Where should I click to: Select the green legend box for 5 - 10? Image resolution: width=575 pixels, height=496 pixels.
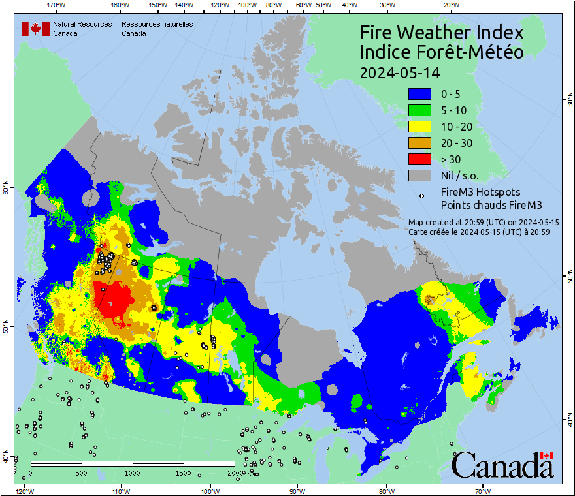(x=421, y=110)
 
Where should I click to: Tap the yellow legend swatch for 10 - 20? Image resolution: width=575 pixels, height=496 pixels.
(x=421, y=127)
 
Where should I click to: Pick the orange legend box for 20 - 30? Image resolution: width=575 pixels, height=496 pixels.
(x=421, y=143)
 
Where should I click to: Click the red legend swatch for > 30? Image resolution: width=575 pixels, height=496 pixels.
(x=421, y=159)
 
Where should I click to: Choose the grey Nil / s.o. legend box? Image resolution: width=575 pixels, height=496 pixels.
(x=421, y=176)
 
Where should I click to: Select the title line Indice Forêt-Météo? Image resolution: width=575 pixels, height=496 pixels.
(x=442, y=52)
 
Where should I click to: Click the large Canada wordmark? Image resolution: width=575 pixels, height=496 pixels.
(x=502, y=465)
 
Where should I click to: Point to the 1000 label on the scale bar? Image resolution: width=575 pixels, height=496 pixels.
(x=133, y=473)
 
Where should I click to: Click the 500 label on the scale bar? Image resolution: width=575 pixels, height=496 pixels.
(x=82, y=473)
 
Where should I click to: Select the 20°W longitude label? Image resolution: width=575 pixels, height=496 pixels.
(x=450, y=5)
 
